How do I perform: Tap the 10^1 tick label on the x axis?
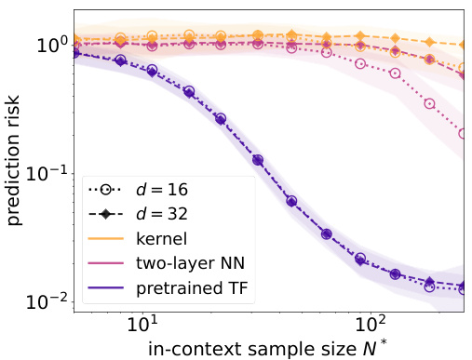[142, 327]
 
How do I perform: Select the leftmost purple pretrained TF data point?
[75, 53]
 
